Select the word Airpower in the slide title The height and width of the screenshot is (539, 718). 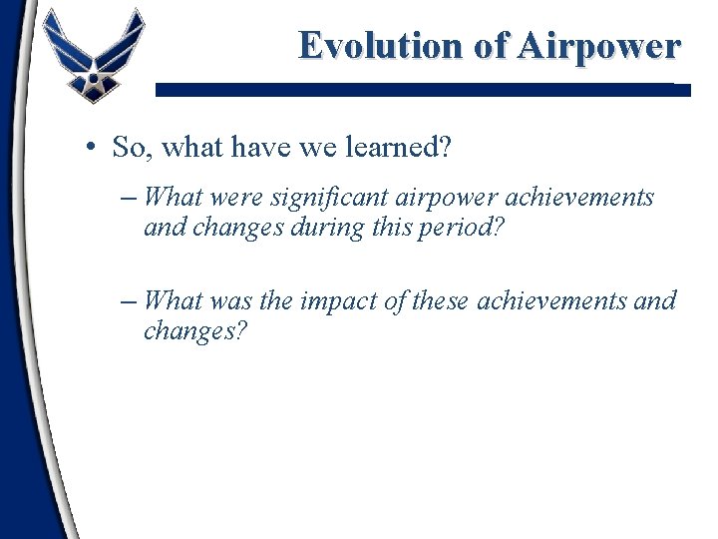597,46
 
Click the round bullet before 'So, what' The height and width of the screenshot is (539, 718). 90,149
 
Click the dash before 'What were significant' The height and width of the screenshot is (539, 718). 130,198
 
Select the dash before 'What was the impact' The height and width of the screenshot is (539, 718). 130,300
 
